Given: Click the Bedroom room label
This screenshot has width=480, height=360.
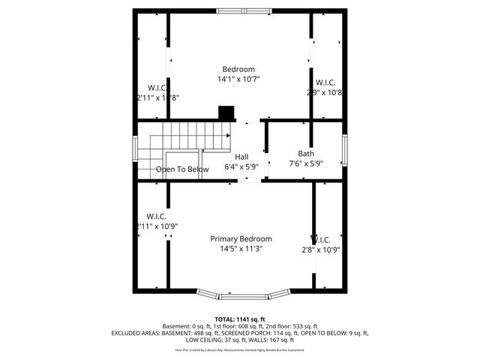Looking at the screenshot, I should (x=238, y=69).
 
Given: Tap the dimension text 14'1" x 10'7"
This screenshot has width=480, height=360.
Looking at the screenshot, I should (x=238, y=79).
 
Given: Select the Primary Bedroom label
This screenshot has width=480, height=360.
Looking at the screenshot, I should (x=241, y=238).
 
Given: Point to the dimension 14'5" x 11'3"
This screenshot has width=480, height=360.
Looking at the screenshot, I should (x=241, y=249).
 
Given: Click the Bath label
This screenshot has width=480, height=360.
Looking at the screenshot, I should (x=306, y=153).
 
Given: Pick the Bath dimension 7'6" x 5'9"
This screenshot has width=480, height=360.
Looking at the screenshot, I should (x=306, y=163).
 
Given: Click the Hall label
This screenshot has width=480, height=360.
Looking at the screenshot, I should (x=241, y=157).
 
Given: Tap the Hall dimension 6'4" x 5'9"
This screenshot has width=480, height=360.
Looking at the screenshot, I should (x=241, y=167).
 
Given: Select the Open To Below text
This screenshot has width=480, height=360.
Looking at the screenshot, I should (x=182, y=169).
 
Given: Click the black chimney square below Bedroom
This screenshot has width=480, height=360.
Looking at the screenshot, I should (x=226, y=112).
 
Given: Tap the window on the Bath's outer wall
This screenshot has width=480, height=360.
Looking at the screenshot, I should (x=344, y=151).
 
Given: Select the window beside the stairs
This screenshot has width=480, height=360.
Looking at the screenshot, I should (x=135, y=148).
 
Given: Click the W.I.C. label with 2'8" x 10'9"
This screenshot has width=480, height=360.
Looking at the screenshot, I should (x=320, y=240).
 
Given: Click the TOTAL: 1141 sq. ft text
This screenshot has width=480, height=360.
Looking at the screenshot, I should (x=240, y=319).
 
